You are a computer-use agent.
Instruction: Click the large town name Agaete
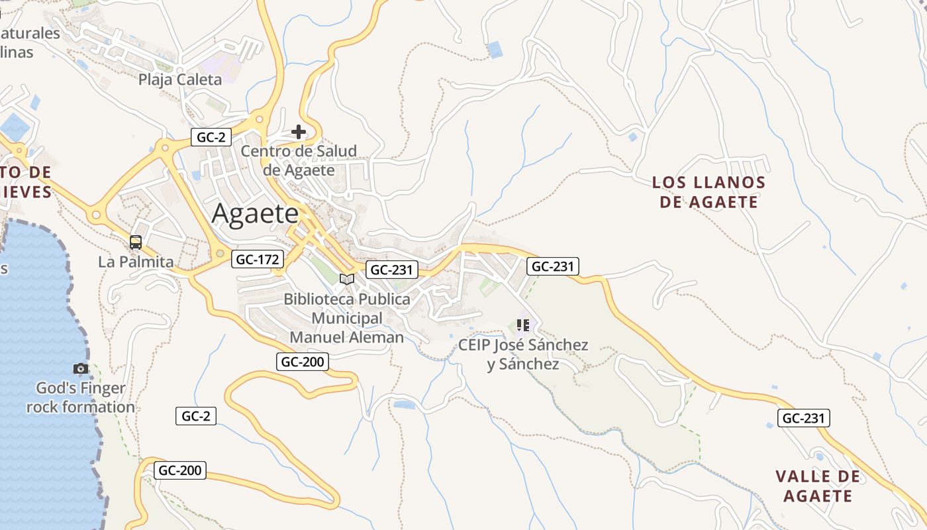[x=255, y=215]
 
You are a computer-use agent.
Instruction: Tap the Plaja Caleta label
[x=180, y=80]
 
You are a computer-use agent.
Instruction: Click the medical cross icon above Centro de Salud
[x=299, y=131]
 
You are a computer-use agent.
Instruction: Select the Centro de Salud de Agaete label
[x=299, y=160]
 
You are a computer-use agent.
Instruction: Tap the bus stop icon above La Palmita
[x=136, y=242]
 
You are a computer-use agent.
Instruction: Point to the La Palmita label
[x=136, y=262]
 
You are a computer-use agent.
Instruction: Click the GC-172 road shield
[x=258, y=259]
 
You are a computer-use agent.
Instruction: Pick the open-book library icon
[x=347, y=279]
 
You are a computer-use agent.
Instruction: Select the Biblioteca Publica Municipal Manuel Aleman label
[x=347, y=318]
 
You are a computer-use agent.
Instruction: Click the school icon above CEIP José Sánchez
[x=523, y=325]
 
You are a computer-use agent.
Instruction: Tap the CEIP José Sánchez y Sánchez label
[x=523, y=354]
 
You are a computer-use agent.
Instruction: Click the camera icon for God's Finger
[x=80, y=368]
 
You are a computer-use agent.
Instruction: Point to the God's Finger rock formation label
[x=81, y=397]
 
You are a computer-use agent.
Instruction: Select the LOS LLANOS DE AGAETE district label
[x=708, y=192]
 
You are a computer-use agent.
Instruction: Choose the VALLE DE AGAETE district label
[x=818, y=486]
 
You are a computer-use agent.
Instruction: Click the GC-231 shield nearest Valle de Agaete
[x=803, y=418]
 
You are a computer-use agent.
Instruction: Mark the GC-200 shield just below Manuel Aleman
[x=303, y=362]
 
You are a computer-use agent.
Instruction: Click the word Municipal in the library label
[x=347, y=318]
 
